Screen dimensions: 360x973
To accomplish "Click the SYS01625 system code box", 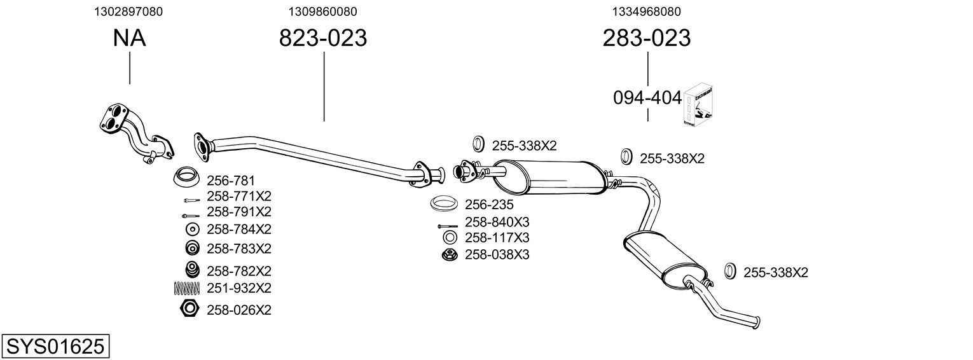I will pos(55,347).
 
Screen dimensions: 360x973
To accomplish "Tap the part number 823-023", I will pos(323,38).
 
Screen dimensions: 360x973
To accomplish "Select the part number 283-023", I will pos(646,38).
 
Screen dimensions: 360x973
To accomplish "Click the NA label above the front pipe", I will pos(129,38).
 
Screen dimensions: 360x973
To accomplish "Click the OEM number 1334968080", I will pos(646,11).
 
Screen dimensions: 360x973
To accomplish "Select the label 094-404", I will pos(647,98).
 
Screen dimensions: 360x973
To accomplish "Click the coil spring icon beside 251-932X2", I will pos(186,288).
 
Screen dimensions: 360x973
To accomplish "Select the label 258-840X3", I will pos(497,222).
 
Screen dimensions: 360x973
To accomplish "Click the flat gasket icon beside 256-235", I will pos(445,204).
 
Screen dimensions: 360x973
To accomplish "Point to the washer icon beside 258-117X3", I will pos(449,238).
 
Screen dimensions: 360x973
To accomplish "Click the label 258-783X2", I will pos(239,248).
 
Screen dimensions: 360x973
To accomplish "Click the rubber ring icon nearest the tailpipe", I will pos(730,272).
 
